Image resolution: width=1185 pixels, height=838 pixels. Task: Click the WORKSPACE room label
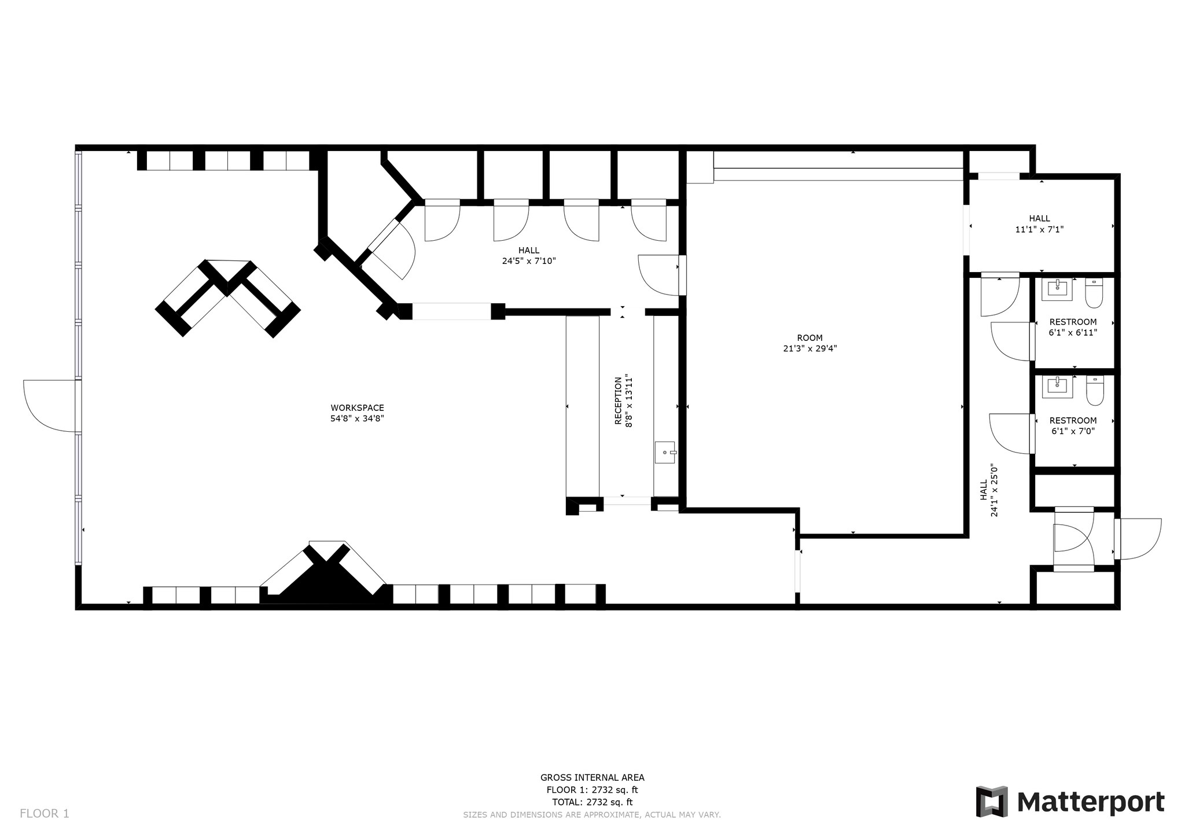point(357,407)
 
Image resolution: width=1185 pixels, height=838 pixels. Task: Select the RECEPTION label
point(618,400)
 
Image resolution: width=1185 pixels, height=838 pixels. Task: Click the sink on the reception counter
point(665,452)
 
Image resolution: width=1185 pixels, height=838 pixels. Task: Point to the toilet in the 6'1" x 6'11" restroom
point(1094,293)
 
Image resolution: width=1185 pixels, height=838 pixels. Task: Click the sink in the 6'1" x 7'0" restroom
point(1057,386)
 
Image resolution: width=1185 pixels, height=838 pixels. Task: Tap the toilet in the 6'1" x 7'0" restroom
point(1094,391)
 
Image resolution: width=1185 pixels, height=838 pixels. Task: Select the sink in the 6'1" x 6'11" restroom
point(1057,288)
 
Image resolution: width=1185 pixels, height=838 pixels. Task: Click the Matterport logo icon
point(992,802)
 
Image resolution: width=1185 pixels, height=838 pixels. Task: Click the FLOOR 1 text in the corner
point(45,813)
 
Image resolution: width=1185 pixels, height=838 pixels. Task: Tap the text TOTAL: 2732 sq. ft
point(592,802)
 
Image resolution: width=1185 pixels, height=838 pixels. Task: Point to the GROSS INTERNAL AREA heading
point(592,777)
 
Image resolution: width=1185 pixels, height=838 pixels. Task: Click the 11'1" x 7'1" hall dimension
point(1039,229)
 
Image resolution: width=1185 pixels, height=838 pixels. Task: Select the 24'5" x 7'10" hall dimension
point(528,261)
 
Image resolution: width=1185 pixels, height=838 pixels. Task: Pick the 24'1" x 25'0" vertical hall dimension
point(994,490)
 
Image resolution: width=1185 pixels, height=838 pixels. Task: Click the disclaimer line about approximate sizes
point(591,814)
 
